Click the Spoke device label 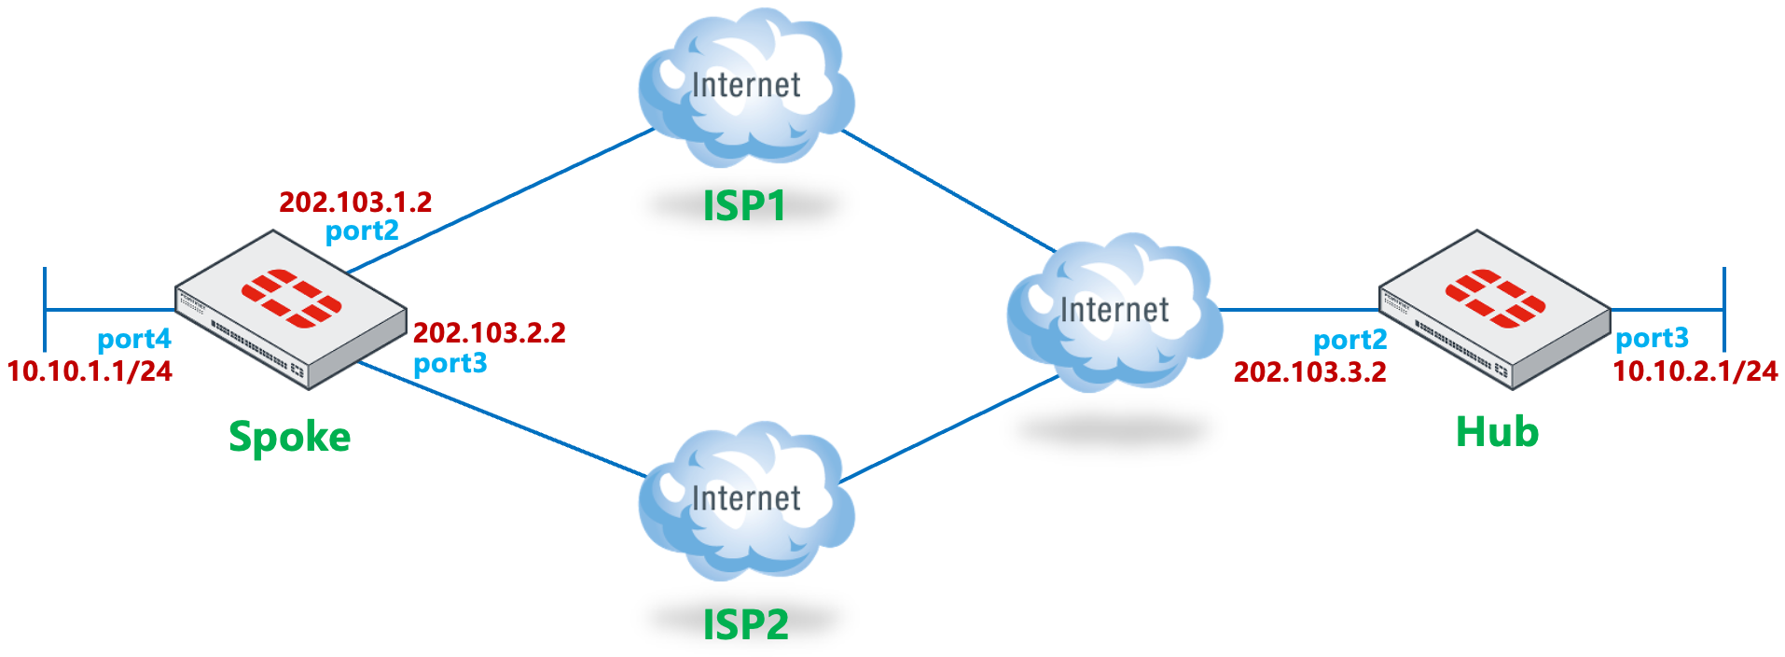289,437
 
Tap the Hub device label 1497,432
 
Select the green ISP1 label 744,206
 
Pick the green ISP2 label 745,624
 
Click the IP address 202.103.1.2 355,202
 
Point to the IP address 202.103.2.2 490,332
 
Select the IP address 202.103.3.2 1309,371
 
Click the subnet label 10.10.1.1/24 90,370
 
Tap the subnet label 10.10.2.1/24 1695,370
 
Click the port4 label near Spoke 134,339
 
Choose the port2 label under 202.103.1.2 362,231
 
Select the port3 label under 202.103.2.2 450,362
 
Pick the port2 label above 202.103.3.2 1349,341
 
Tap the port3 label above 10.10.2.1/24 1652,338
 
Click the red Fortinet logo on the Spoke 291,299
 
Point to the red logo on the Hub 1495,299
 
